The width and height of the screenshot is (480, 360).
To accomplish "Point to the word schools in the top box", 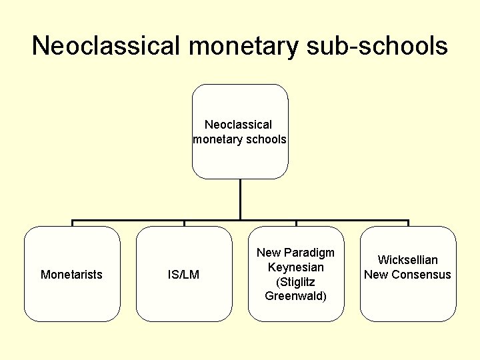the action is click(265, 139).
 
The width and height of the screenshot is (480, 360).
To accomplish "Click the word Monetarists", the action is click(72, 275).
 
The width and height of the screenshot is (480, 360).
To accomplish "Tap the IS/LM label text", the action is click(184, 275).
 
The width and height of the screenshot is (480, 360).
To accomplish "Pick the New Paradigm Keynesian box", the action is click(296, 310).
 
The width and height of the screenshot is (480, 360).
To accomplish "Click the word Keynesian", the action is click(296, 267).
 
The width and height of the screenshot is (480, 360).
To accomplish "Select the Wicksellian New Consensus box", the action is click(408, 300).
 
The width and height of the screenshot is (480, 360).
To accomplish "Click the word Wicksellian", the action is click(408, 260).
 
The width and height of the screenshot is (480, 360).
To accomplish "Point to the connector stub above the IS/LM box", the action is click(184, 223).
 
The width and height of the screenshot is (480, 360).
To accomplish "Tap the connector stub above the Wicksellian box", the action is click(408, 223).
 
